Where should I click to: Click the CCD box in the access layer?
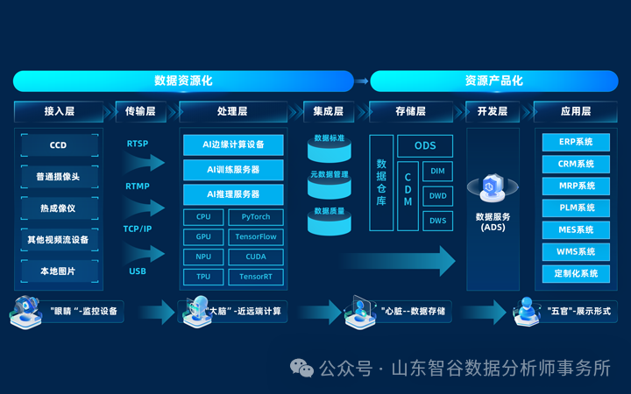58,145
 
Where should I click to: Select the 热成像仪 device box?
58,208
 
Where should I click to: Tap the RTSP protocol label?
138,144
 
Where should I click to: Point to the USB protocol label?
138,271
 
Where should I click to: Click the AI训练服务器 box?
233,169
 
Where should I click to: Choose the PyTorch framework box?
256,216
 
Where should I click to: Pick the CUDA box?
256,257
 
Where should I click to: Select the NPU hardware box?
203,257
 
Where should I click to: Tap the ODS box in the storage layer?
425,146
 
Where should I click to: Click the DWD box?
437,196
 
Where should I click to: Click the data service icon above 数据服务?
493,187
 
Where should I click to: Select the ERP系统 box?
575,142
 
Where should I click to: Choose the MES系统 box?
575,229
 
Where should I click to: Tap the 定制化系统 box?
575,273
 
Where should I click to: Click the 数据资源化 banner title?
183,81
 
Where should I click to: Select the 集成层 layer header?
329,111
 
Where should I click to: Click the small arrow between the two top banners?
362,81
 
